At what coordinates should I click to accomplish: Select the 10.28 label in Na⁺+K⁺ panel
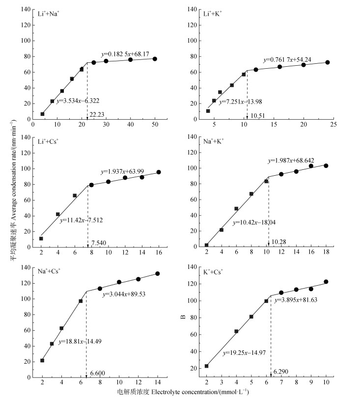coord(278,242)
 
